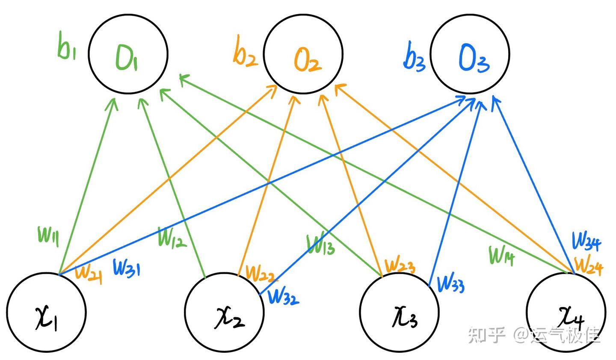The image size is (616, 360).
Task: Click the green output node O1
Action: click(128, 55)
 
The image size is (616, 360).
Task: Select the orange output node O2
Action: click(303, 55)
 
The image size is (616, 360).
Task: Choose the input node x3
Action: click(399, 313)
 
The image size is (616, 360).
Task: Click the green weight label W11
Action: click(48, 236)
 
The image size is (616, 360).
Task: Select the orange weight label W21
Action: click(88, 273)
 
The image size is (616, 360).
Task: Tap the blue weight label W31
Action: click(126, 268)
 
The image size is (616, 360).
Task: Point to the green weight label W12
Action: click(172, 237)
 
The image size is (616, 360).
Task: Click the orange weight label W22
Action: click(261, 273)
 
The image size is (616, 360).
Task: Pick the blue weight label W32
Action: click(283, 296)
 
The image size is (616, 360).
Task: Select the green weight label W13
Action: click(321, 244)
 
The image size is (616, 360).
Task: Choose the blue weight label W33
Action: click(451, 283)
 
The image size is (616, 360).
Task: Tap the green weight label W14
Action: click(502, 255)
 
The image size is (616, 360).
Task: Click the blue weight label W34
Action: click(586, 241)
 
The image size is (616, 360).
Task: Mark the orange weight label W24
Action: click(588, 266)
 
